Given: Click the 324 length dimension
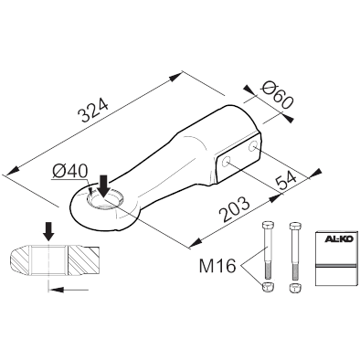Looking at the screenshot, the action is pos(93,111).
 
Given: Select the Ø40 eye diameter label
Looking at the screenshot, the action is pos(69,171).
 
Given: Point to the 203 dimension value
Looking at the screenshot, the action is pos(236,209).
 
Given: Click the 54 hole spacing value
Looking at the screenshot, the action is pos(286,181).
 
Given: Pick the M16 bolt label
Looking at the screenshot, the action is pos(217,266).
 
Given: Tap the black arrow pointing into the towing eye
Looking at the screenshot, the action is pos(104,185).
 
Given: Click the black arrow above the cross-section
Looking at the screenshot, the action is pos(48,231).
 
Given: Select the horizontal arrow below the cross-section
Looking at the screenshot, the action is pos(69,290).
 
